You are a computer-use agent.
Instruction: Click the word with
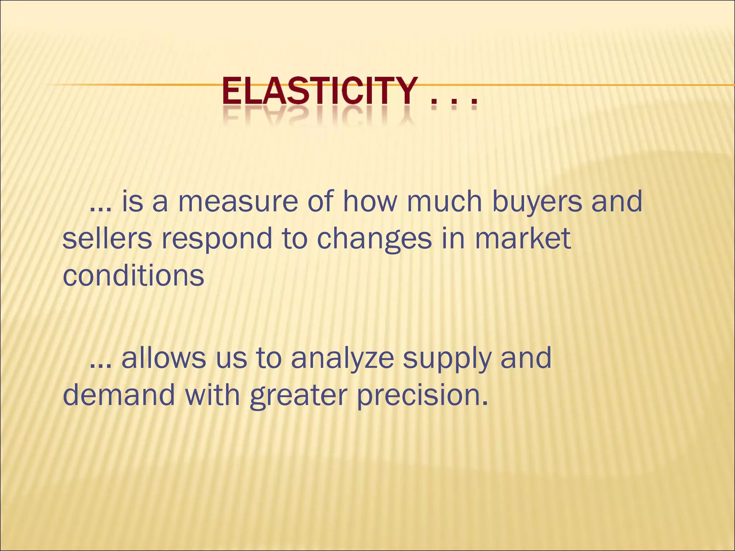click(212, 394)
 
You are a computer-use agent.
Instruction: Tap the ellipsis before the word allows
click(101, 367)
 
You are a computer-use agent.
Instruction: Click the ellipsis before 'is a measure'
click(101, 210)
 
